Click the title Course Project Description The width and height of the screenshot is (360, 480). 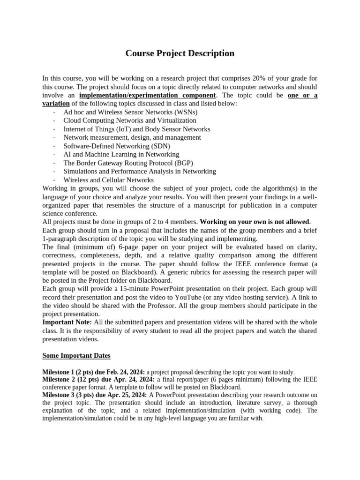(x=180, y=53)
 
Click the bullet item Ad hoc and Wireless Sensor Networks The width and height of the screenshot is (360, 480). (x=130, y=112)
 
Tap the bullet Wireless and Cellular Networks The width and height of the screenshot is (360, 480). (x=108, y=180)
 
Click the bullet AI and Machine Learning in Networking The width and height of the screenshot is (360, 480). (x=121, y=154)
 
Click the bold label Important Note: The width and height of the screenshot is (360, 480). (x=67, y=322)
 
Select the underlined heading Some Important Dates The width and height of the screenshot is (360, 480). (x=76, y=356)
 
